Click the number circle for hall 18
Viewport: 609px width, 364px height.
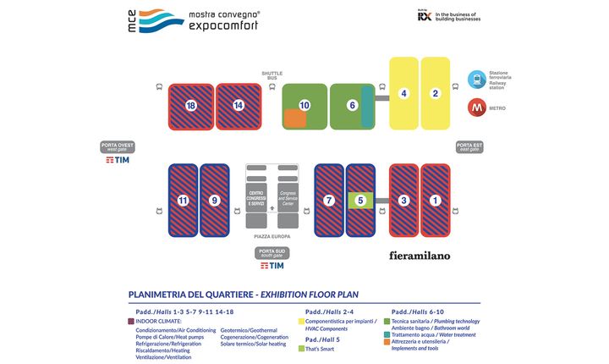click(x=191, y=106)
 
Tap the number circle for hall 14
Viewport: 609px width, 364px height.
click(x=239, y=106)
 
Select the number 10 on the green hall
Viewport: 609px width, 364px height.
click(x=304, y=105)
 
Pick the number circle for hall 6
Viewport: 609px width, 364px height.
click(x=352, y=105)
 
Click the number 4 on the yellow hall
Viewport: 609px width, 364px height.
click(x=404, y=93)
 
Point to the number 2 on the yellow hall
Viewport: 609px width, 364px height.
click(x=436, y=93)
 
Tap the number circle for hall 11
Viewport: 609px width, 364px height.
click(x=183, y=201)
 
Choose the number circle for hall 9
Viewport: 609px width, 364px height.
click(x=215, y=201)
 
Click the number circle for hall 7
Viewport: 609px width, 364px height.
click(x=329, y=201)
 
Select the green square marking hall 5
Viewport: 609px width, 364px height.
click(x=360, y=201)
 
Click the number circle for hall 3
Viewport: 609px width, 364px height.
click(x=404, y=201)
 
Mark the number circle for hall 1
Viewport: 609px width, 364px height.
click(x=436, y=201)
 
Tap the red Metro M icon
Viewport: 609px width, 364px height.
click(x=476, y=108)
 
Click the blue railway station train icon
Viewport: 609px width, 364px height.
click(x=476, y=79)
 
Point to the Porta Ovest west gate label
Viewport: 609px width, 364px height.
click(x=118, y=146)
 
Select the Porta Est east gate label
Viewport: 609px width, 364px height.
click(x=469, y=146)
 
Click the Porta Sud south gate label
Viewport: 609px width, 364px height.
click(x=272, y=252)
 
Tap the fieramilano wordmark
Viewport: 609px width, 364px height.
click(x=420, y=255)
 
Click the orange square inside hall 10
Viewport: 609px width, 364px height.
click(x=295, y=119)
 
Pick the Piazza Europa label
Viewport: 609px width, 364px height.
click(x=272, y=236)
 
